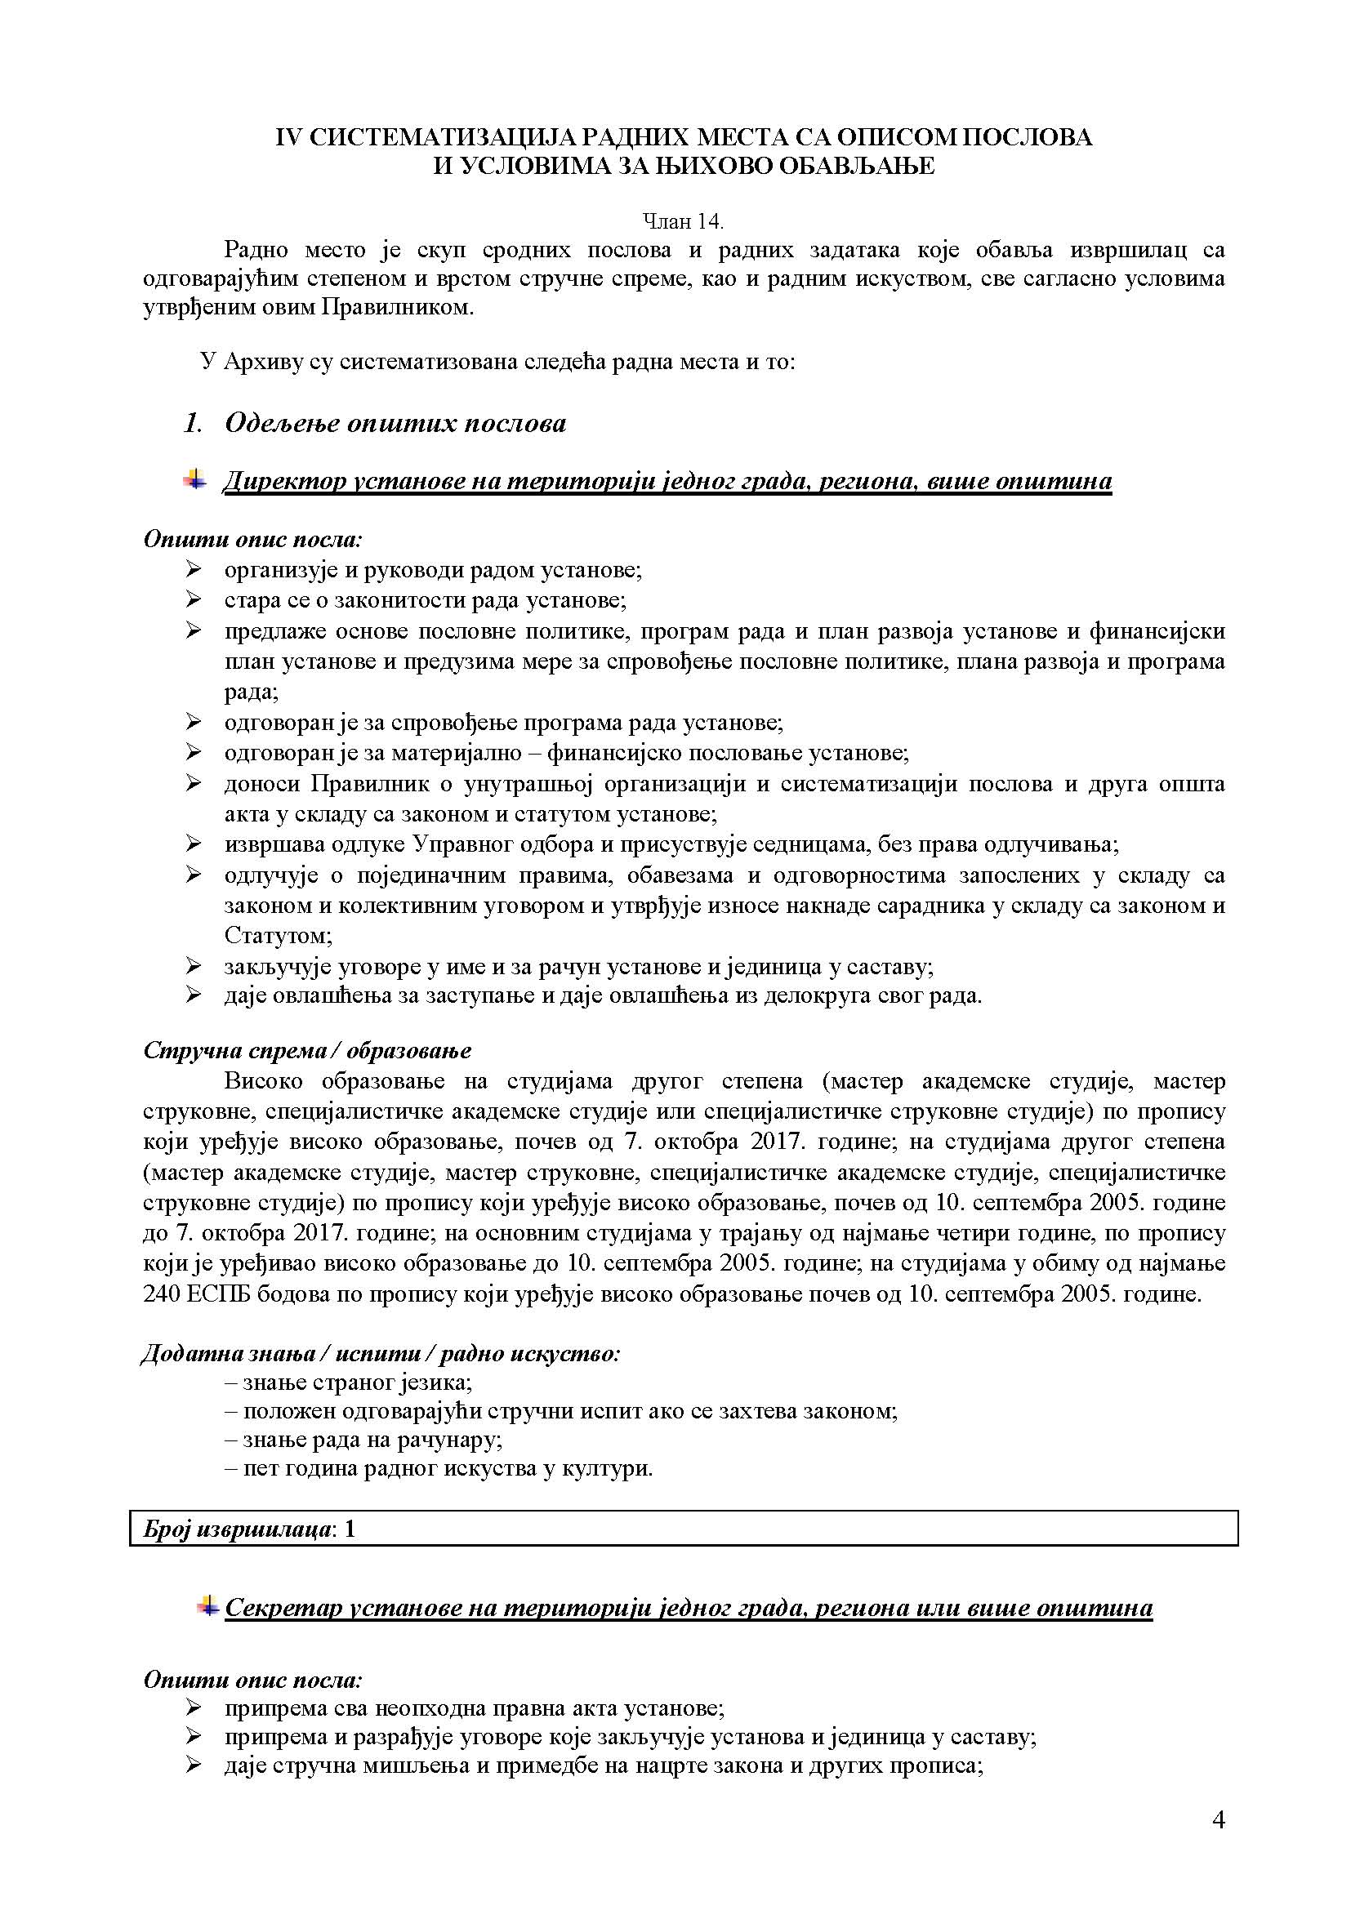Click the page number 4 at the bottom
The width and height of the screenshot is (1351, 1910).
tap(1218, 1820)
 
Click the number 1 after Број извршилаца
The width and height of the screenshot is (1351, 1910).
tap(350, 1528)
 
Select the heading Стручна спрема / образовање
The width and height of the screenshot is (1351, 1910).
tap(307, 1050)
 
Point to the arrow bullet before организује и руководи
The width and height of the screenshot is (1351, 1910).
tap(193, 569)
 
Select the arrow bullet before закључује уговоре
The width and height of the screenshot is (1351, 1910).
tap(193, 965)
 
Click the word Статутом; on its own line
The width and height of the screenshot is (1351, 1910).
tap(278, 935)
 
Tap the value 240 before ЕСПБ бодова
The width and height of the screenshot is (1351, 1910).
tap(162, 1293)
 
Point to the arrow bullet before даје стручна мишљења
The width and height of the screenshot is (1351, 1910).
tap(193, 1762)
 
